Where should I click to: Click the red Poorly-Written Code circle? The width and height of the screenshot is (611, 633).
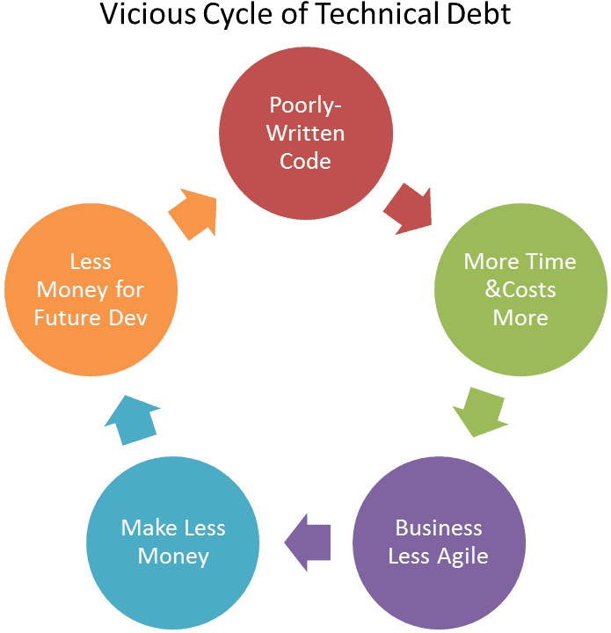point(305,132)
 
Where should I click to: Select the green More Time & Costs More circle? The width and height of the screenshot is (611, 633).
point(520,289)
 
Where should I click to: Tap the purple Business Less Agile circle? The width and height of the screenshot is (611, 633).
point(438,542)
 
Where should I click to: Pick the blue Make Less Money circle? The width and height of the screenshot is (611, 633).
point(173,542)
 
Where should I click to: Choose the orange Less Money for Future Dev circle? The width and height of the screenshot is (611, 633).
point(91,289)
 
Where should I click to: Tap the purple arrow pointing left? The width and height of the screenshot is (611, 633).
point(308,538)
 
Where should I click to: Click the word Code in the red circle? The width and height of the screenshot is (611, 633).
point(305,161)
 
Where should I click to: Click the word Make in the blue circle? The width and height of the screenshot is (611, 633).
point(146,528)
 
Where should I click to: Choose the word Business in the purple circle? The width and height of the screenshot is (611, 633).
point(439,528)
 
